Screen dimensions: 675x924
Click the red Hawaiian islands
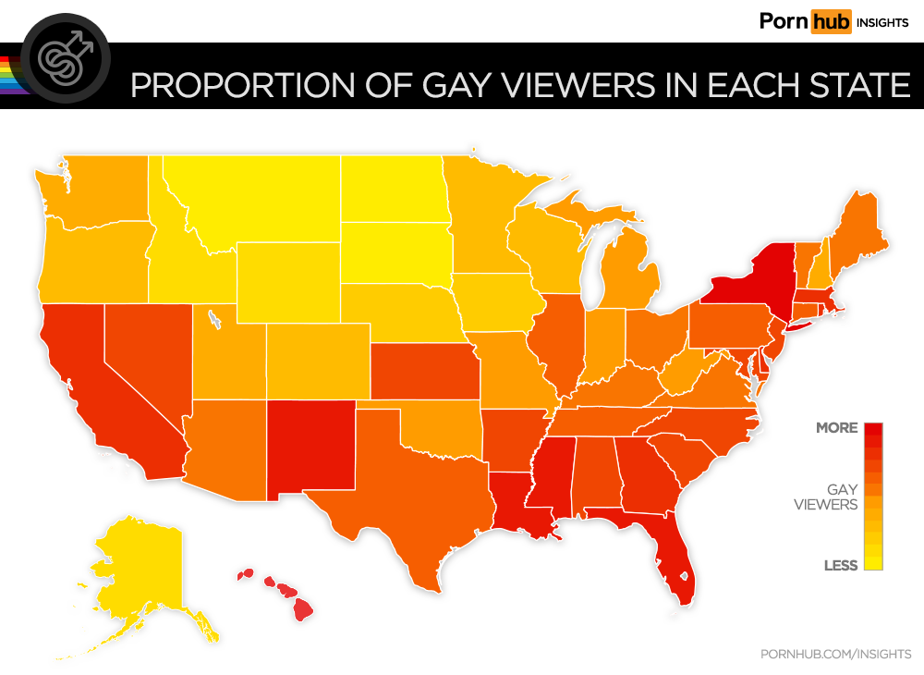286,592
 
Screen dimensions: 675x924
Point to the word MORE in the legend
836,428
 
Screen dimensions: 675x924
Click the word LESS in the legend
841,565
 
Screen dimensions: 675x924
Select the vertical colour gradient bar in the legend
873,497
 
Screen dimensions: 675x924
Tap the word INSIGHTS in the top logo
881,22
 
